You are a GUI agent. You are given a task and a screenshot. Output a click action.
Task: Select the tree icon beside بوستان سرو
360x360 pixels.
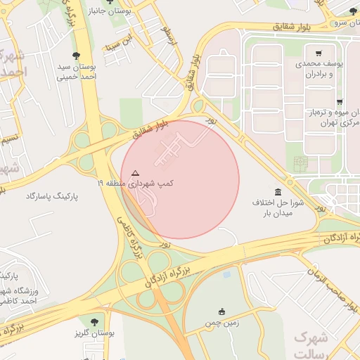(x=353, y=11)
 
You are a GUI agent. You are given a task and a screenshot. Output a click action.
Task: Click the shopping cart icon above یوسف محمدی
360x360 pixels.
(x=319, y=53)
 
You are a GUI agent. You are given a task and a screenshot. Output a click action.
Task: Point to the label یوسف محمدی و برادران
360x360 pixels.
(x=323, y=68)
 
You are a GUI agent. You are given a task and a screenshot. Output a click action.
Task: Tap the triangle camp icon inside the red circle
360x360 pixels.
(x=136, y=172)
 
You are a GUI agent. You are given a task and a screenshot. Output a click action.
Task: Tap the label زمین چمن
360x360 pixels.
(x=222, y=324)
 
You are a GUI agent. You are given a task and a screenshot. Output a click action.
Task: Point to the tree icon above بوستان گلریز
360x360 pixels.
(x=94, y=322)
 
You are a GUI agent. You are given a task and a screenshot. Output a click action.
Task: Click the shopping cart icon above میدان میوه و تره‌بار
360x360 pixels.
(x=340, y=102)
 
